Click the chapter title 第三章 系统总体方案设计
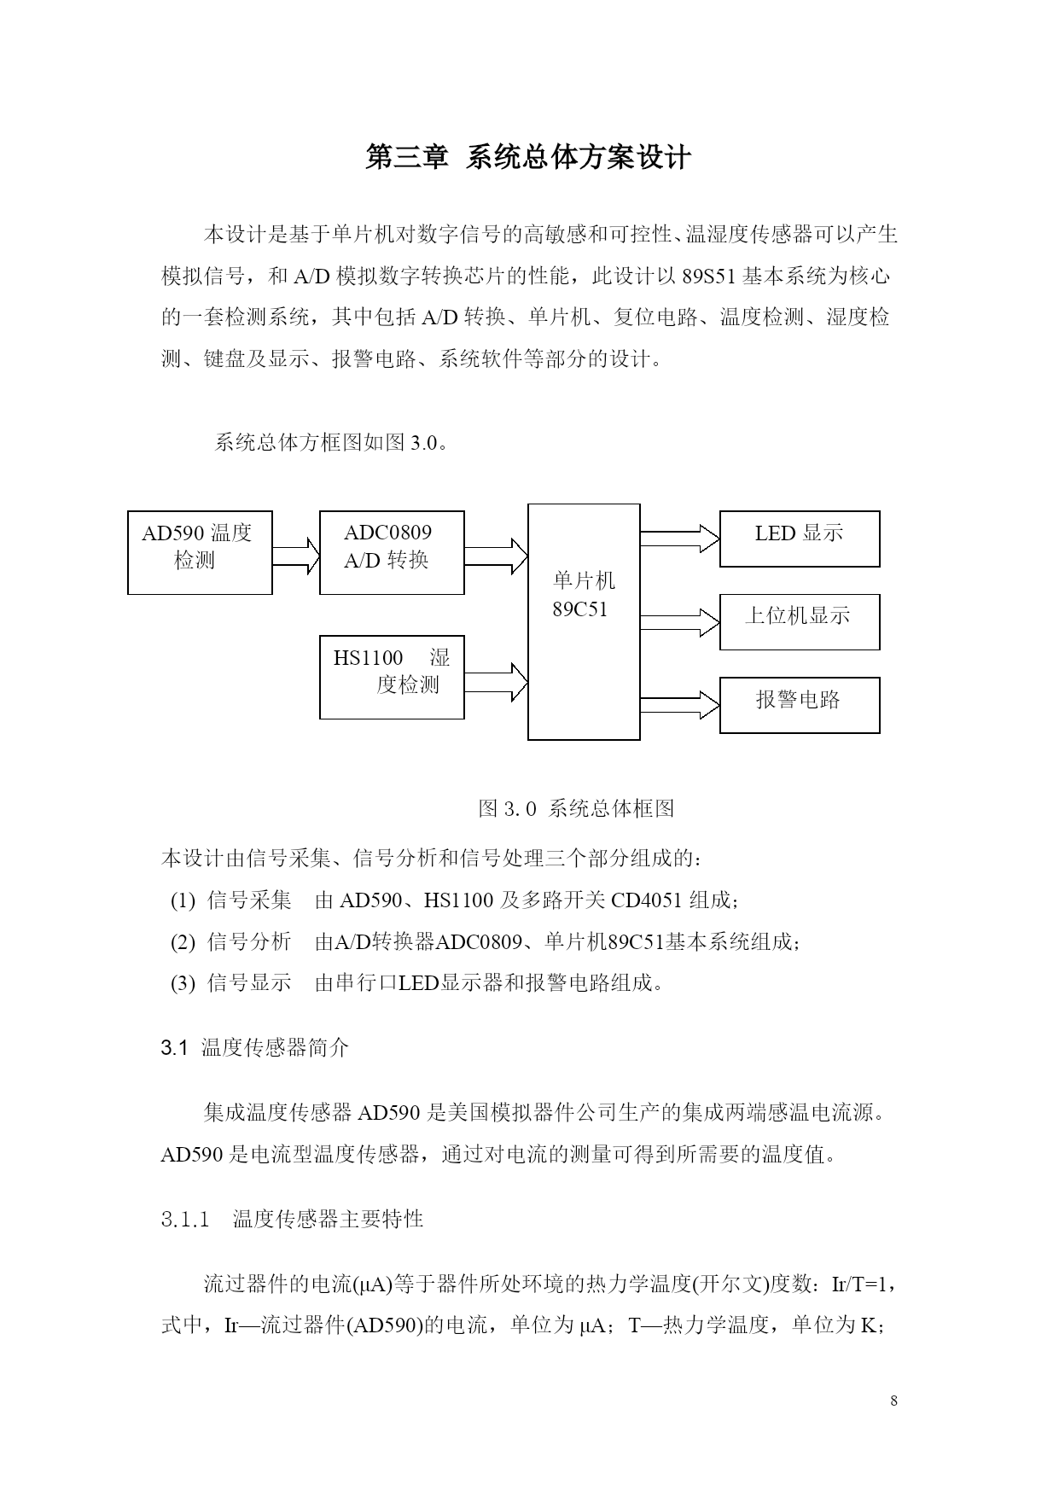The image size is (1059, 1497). (528, 158)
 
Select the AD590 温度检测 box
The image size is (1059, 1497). (200, 553)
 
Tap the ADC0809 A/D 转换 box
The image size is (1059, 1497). (392, 553)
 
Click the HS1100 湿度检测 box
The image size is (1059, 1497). (392, 677)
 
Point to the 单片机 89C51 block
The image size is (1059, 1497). (584, 621)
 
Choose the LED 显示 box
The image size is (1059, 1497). (800, 539)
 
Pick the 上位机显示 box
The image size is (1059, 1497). (800, 621)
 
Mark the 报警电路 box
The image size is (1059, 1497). (800, 705)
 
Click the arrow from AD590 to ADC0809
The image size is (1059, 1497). (295, 556)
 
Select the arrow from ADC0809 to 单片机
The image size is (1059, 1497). (496, 556)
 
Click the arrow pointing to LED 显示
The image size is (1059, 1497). (680, 538)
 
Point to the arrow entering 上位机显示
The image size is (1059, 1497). (680, 622)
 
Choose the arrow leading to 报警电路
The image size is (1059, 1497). (680, 704)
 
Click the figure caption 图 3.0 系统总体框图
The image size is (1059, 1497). (577, 808)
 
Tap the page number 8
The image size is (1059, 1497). (893, 1401)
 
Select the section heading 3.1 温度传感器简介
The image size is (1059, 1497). (255, 1048)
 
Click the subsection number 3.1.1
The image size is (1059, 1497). (185, 1219)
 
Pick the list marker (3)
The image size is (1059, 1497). (183, 983)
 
